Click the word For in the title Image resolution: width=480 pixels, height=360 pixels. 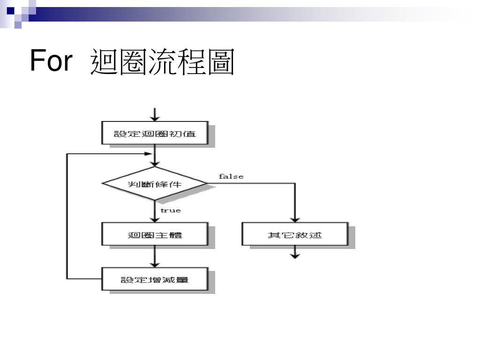coord(51,61)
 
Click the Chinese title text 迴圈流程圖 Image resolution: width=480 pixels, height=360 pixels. coord(162,62)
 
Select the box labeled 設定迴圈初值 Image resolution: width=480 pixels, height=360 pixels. coord(154,134)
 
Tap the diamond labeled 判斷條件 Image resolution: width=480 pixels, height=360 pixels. coord(154,183)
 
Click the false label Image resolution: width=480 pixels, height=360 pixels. coord(231,176)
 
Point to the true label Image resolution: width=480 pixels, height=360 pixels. coord(170,210)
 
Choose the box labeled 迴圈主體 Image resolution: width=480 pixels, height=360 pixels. coord(154,234)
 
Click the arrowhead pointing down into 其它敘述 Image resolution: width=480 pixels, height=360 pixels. coord(295,218)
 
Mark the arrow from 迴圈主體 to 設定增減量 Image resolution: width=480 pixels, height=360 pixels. coord(154,256)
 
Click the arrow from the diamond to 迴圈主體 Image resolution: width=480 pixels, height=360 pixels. coord(154,211)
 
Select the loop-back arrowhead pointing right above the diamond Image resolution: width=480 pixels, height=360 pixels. coord(150,154)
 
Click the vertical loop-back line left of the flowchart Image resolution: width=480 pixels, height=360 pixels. coord(67,216)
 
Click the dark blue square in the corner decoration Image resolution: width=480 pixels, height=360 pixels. coord(10,10)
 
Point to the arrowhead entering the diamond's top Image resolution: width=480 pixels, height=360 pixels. coord(154,163)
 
